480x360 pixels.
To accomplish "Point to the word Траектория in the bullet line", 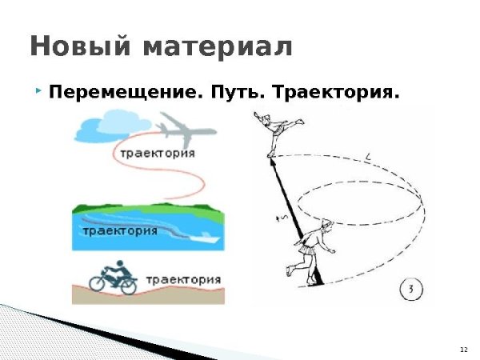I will (x=336, y=93).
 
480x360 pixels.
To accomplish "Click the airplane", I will (x=184, y=128).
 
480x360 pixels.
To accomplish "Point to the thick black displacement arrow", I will (x=296, y=216).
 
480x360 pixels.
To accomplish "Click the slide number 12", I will (x=463, y=350).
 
